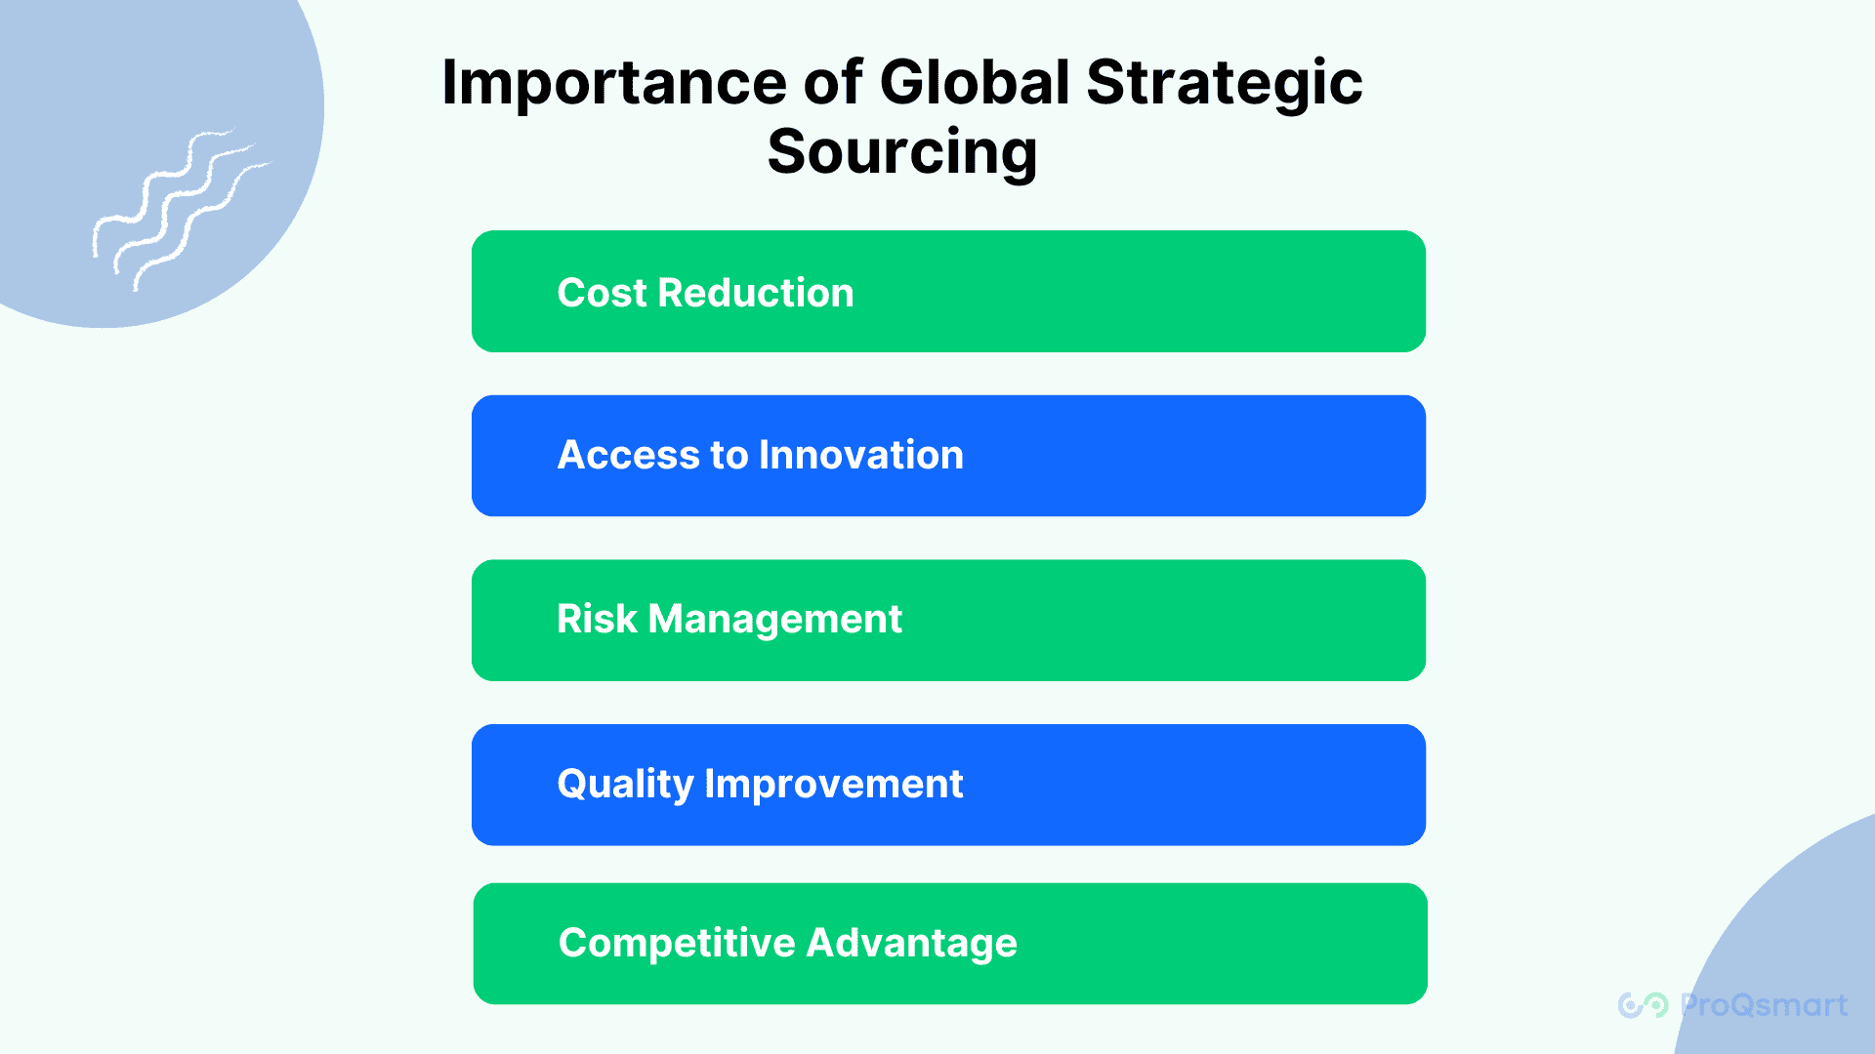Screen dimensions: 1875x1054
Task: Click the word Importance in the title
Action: pos(614,84)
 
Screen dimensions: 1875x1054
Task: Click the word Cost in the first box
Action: pos(602,293)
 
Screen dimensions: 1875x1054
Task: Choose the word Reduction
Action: pos(756,293)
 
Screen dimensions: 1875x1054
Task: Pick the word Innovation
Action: pos(861,455)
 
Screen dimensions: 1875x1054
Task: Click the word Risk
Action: pos(597,619)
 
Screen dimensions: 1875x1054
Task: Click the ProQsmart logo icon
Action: pos(1644,1005)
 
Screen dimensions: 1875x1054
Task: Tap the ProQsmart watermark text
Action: pos(1764,1005)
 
